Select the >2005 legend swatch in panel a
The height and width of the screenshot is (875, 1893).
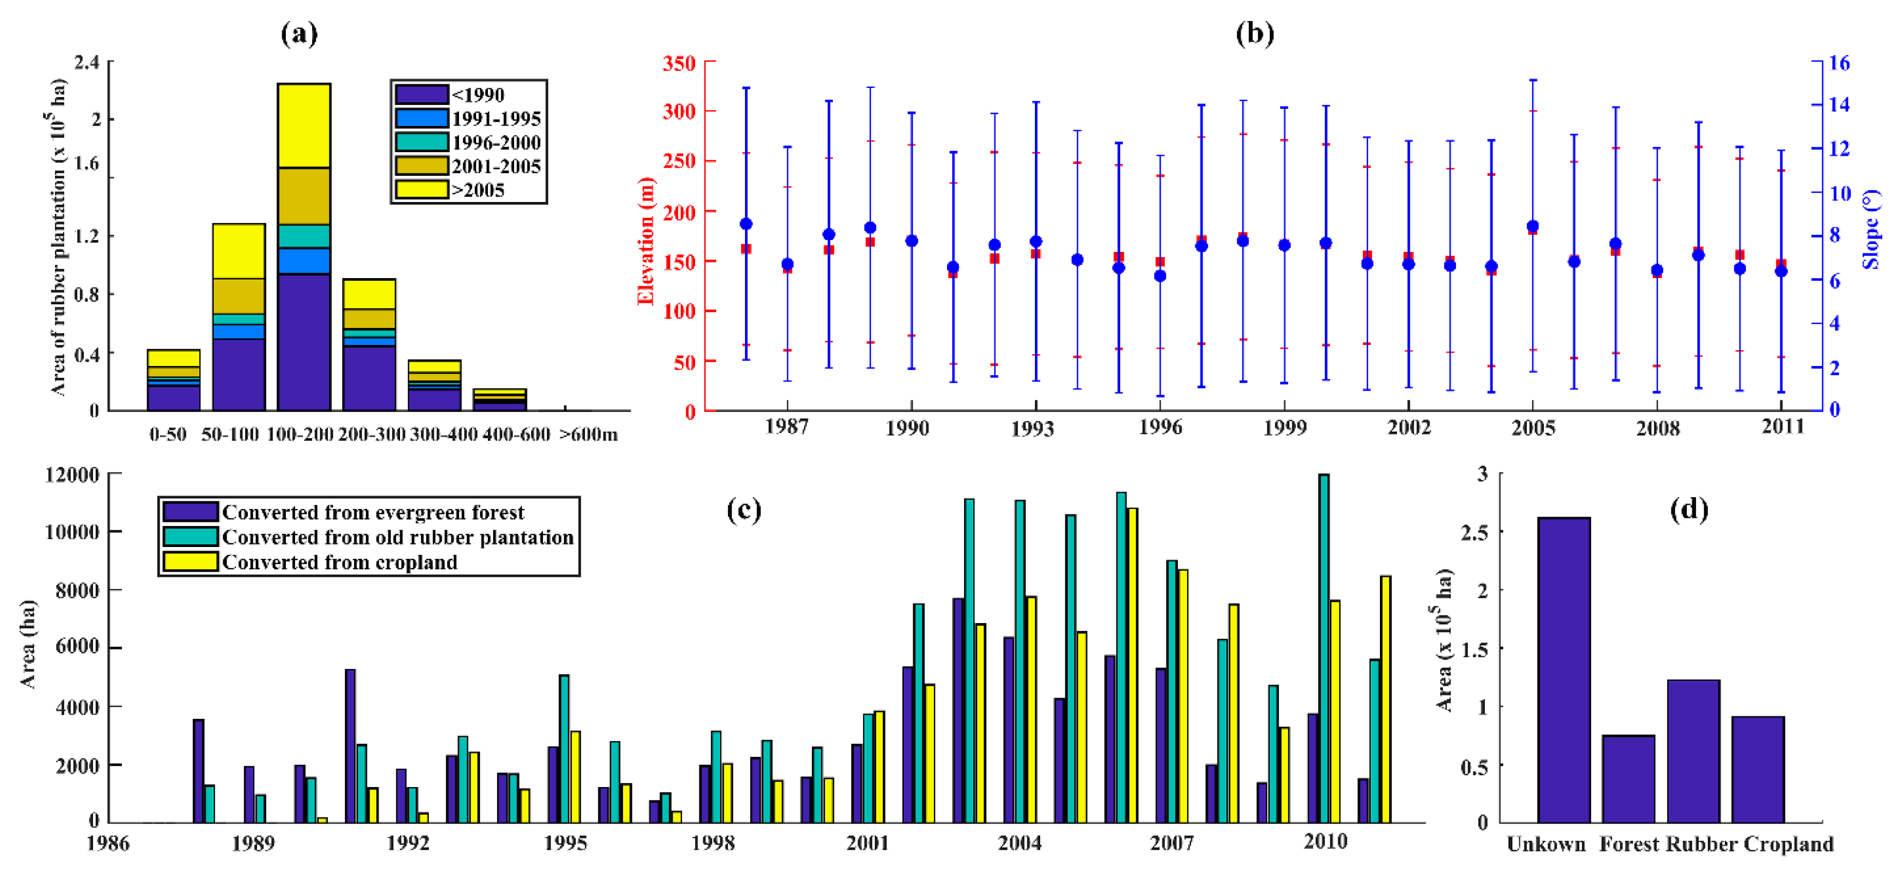coord(421,190)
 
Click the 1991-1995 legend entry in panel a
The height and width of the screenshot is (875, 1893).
coord(496,118)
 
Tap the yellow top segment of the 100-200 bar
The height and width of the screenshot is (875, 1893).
coord(303,125)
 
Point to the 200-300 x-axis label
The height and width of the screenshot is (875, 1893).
coord(371,434)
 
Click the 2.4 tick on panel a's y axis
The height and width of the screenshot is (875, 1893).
coord(87,62)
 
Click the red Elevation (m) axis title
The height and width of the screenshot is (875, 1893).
coord(645,240)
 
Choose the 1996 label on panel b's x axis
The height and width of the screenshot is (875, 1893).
coord(1160,427)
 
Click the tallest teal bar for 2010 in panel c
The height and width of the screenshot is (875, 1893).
coord(1323,647)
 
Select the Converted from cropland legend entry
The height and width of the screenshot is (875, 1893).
coord(339,562)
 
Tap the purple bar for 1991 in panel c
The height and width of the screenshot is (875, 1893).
coord(350,745)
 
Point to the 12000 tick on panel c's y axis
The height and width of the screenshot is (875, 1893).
coord(72,475)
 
